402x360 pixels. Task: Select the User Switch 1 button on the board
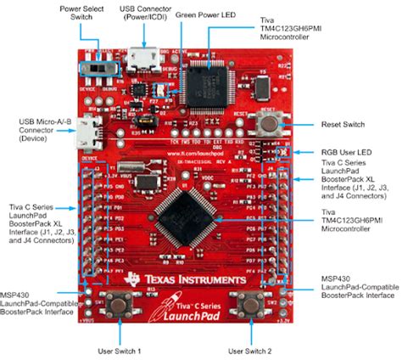pyautogui.click(x=118, y=303)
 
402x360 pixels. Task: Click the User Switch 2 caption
pyautogui.click(x=252, y=350)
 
